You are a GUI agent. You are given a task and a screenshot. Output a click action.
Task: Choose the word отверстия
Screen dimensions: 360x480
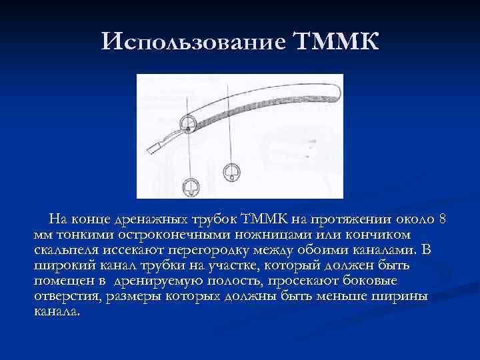click(66, 296)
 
